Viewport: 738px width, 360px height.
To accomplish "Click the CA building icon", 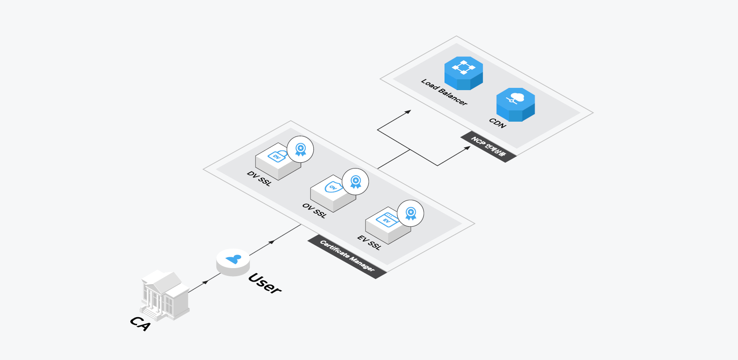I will [165, 295].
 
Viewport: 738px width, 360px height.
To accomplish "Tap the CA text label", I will [140, 323].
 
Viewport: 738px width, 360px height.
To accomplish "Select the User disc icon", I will [233, 262].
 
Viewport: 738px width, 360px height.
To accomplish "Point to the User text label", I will [265, 283].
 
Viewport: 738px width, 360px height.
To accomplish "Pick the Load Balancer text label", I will [444, 92].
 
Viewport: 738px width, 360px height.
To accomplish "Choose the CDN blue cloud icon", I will [515, 104].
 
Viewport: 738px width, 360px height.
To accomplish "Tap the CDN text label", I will [498, 123].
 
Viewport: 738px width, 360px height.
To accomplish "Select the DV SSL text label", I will [260, 178].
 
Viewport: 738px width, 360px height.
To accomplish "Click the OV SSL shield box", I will [332, 192].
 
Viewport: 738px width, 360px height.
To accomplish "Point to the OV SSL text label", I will [314, 210].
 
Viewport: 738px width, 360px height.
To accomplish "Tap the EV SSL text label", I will [369, 242].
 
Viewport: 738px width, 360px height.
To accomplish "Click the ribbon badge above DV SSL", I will [300, 149].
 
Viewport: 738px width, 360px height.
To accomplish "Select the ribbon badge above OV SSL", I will [356, 182].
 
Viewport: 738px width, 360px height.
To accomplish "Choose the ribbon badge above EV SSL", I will [411, 213].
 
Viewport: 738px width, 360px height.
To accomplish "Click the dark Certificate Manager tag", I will [347, 256].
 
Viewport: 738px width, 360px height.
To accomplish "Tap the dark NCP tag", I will [488, 147].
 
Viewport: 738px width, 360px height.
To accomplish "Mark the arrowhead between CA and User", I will [206, 282].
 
